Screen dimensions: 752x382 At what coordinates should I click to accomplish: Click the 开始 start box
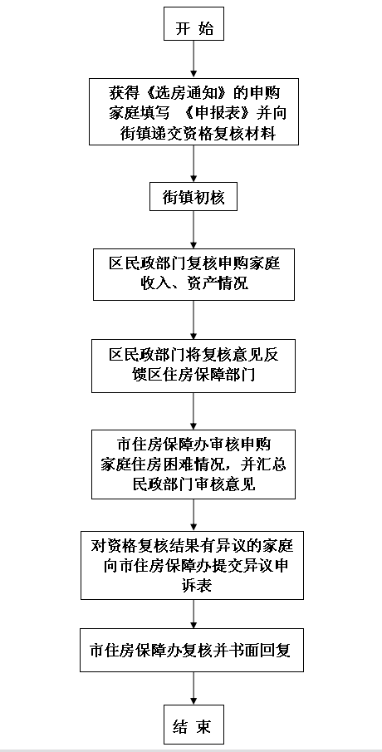[x=193, y=28]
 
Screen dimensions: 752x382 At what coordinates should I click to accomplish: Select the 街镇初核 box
[x=193, y=199]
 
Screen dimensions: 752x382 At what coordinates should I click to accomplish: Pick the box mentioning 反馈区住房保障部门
[x=193, y=365]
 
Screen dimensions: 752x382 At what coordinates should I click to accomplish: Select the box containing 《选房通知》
[x=193, y=111]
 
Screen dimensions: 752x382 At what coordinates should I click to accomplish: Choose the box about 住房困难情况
[x=193, y=464]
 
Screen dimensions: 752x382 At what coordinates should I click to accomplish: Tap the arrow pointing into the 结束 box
[x=193, y=689]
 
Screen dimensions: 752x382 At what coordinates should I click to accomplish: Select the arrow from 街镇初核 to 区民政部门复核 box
[x=193, y=232]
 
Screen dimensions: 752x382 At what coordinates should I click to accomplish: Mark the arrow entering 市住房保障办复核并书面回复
[x=193, y=614]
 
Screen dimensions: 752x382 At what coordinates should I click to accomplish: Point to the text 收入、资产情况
[x=193, y=284]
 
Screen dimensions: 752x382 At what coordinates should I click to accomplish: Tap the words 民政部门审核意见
[x=193, y=483]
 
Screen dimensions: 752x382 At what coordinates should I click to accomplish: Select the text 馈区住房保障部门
[x=193, y=375]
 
